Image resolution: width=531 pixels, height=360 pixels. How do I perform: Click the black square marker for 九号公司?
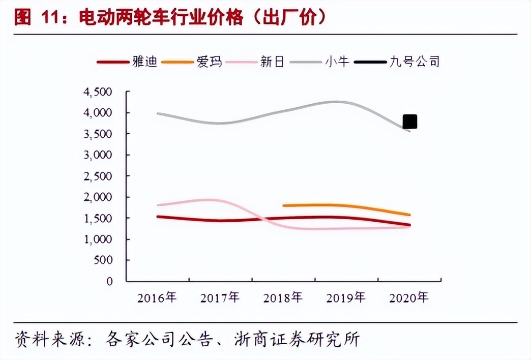tap(410, 122)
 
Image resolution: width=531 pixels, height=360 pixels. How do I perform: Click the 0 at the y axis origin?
tap(109, 281)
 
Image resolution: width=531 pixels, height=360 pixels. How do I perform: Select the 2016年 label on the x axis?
tap(157, 298)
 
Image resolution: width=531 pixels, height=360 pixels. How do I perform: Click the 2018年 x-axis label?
tap(283, 298)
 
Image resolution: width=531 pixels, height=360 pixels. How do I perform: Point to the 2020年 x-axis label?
tap(408, 298)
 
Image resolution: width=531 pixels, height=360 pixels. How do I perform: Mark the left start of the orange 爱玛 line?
tap(284, 205)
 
